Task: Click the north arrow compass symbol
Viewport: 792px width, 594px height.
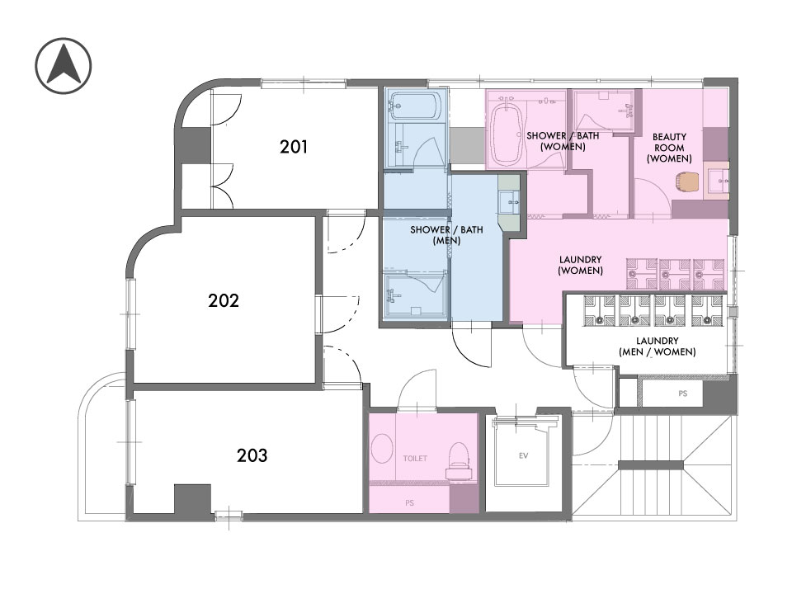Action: (x=64, y=66)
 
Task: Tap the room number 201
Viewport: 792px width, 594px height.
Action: (x=294, y=147)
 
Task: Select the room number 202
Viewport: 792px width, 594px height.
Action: (x=224, y=300)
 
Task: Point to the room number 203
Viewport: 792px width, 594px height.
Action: (x=252, y=455)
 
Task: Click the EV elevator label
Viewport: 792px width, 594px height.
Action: (x=523, y=455)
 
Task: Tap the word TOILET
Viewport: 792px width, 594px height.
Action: (x=415, y=459)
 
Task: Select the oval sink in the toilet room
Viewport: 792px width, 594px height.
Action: (x=382, y=448)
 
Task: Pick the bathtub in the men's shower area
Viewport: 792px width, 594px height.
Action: (x=416, y=106)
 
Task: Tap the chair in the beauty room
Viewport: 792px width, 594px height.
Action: (x=687, y=181)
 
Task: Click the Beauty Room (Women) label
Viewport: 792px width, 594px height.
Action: (x=669, y=148)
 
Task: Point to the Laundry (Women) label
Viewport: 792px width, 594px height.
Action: (x=580, y=265)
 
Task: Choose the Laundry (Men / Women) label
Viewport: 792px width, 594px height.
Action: (x=658, y=346)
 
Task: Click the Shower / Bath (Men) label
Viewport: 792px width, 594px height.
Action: (x=446, y=235)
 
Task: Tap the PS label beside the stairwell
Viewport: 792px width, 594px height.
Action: (x=683, y=394)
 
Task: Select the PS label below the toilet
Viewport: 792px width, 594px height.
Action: (x=410, y=503)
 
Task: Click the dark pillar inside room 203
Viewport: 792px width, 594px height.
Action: (x=192, y=499)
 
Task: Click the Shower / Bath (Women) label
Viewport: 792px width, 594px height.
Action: (x=563, y=141)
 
